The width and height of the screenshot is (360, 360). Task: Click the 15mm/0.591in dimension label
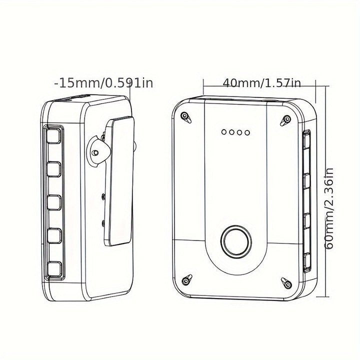click(x=104, y=82)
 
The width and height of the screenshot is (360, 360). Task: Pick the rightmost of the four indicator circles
click(x=247, y=133)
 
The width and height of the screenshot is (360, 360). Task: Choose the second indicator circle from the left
click(x=231, y=133)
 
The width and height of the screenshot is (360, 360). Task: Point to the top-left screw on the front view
click(x=185, y=117)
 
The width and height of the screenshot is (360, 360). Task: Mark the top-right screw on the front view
click(x=286, y=119)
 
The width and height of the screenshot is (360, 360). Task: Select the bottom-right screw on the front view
click(x=285, y=282)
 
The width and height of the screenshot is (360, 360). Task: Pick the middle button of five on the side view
click(x=54, y=203)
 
